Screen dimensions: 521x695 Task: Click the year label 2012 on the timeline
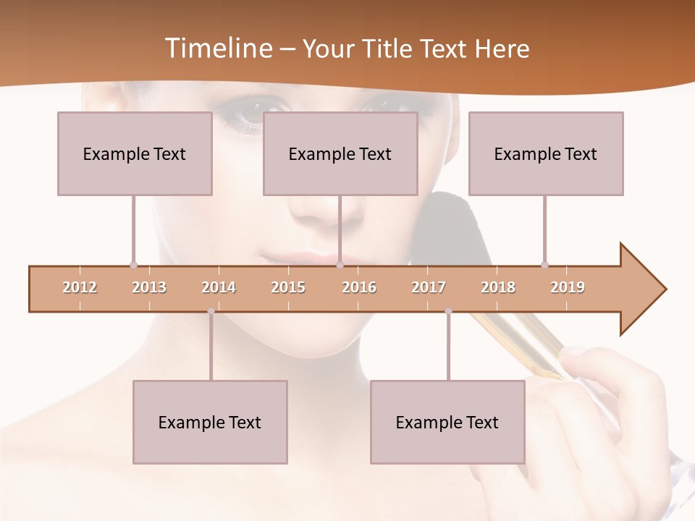(x=80, y=287)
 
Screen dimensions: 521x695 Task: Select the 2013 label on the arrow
(x=149, y=287)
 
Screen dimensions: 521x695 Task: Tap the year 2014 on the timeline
(x=219, y=287)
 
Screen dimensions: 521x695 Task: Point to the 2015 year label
(x=288, y=287)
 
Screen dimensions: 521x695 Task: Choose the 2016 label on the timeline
(x=359, y=287)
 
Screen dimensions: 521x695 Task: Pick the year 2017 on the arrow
(x=429, y=287)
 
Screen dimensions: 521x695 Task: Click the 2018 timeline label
(x=498, y=287)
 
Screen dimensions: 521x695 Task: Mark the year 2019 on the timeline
(x=568, y=287)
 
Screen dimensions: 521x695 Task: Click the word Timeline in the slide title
(x=216, y=48)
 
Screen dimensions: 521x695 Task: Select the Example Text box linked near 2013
(x=135, y=153)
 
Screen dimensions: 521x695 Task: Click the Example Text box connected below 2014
(x=210, y=422)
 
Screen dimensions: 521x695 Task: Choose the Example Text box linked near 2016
(x=340, y=153)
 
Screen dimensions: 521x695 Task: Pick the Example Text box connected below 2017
(x=447, y=422)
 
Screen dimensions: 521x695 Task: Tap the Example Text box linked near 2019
(x=546, y=153)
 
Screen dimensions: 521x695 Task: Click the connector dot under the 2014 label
(x=211, y=311)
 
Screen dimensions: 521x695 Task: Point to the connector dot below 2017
(x=448, y=311)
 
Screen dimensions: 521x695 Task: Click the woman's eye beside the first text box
(x=245, y=116)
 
